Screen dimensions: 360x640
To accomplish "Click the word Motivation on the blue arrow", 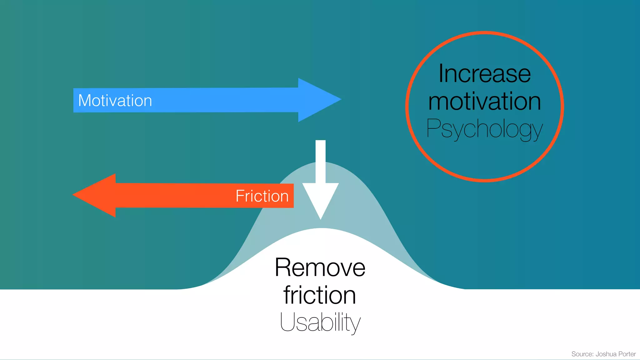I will [115, 101].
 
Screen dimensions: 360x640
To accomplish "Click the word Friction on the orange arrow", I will [262, 196].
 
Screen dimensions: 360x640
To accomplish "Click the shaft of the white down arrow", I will [321, 161].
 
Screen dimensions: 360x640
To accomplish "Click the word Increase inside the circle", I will [484, 74].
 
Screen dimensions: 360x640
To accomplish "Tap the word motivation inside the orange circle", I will [484, 102].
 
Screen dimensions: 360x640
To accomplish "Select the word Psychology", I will [484, 129].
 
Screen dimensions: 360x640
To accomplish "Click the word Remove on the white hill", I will [320, 268].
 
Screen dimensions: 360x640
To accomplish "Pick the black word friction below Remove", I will [320, 295].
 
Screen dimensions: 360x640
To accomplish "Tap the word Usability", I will [320, 322].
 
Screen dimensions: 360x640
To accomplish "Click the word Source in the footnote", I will [582, 354].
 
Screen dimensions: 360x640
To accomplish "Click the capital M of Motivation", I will [85, 101].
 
